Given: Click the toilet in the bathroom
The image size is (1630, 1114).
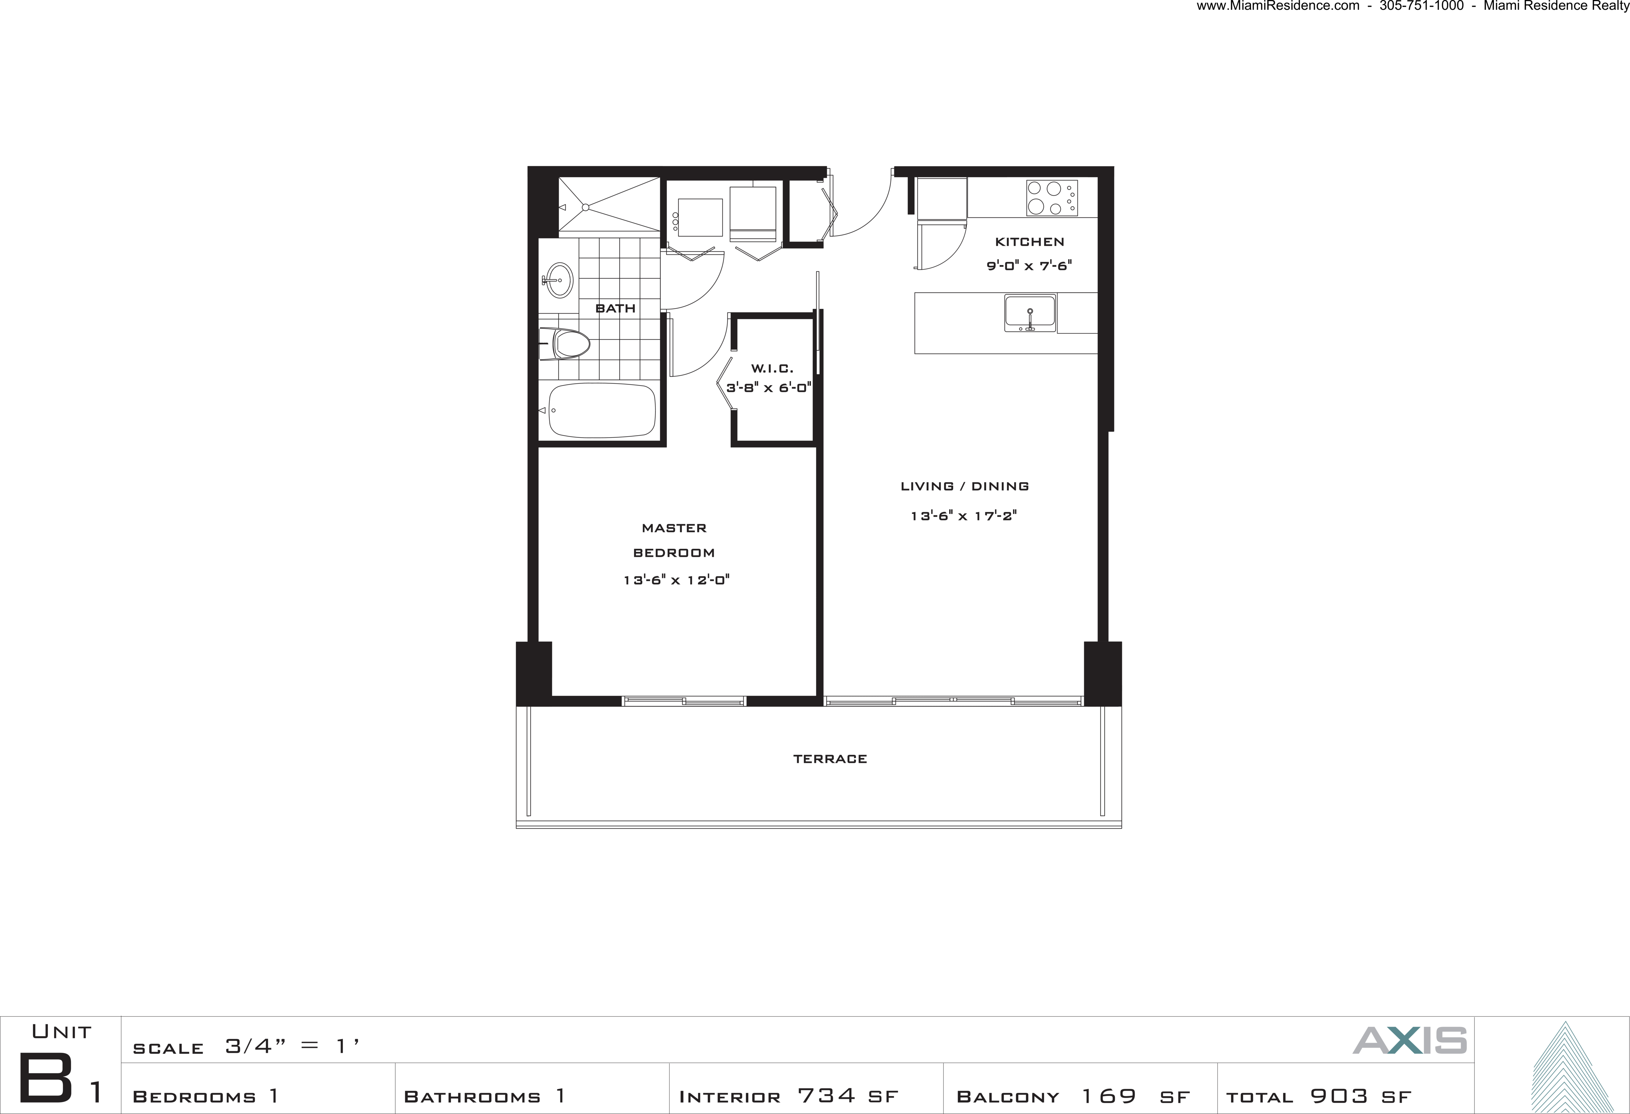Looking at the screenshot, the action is pyautogui.click(x=565, y=344).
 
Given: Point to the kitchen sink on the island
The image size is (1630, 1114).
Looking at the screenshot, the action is pyautogui.click(x=1030, y=313).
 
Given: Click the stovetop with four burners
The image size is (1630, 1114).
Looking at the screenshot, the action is pyautogui.click(x=1051, y=198).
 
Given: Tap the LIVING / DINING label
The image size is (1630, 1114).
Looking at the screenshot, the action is pyautogui.click(x=964, y=486).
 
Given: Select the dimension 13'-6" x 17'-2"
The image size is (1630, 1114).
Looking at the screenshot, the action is pyautogui.click(x=964, y=516).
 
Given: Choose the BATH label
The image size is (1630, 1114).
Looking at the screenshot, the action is pyautogui.click(x=615, y=308).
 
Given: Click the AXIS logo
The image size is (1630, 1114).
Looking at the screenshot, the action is pyautogui.click(x=1410, y=1040).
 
